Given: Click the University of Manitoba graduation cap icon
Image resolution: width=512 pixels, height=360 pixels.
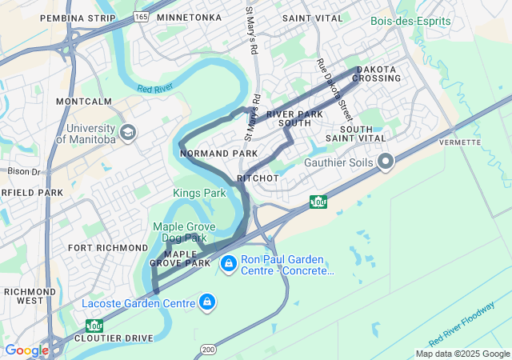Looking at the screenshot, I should pos(127,131).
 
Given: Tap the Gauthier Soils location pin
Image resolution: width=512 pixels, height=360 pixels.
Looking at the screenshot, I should pos(386,162).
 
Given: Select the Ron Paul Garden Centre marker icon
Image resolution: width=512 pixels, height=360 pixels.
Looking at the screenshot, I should pos(228,262).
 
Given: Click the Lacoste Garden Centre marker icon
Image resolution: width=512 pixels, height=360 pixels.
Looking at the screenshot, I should pos(207,302).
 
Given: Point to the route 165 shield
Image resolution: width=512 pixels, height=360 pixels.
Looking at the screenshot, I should pos(141,17).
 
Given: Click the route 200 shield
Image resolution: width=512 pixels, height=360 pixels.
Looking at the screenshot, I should pos(208,350).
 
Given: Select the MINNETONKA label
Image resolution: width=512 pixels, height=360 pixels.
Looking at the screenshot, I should pos(189,18).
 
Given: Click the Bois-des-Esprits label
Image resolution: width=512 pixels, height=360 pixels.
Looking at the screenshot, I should pos(410,21).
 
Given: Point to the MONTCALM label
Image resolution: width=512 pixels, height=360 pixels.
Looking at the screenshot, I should pos(84,102).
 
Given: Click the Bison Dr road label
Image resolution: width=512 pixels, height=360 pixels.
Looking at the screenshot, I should pos(23,171).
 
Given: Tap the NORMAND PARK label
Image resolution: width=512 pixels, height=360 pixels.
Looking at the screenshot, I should pos(219,153).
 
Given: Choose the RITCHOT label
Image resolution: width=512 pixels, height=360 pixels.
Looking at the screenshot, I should pos(258,178).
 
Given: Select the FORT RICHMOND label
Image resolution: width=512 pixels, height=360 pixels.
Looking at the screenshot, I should pos(108,248).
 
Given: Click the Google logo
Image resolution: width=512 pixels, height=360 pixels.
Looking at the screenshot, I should pos(26,350).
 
